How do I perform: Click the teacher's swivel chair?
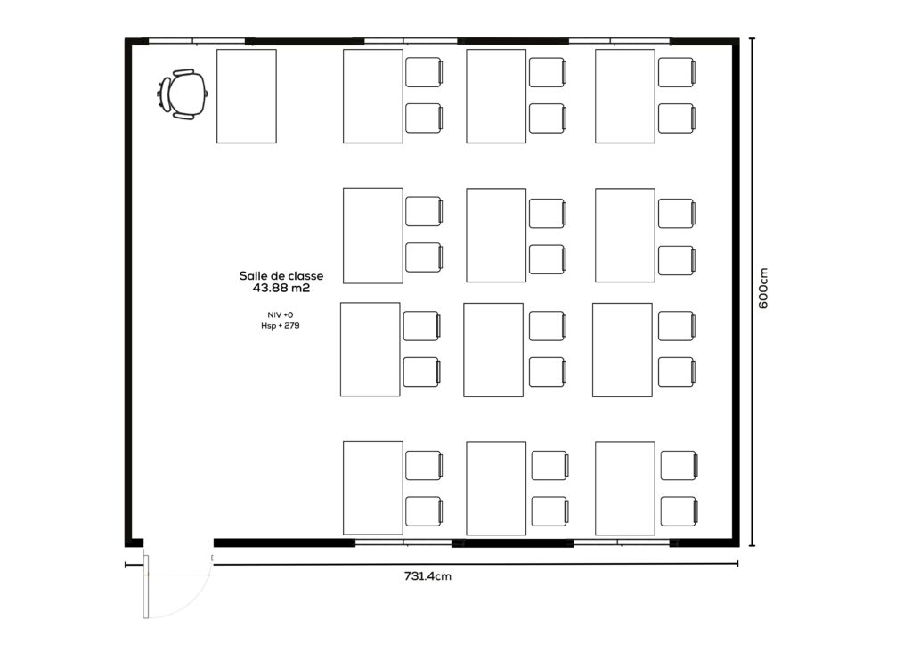tap(183, 94)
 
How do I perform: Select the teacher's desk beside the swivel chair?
tap(247, 96)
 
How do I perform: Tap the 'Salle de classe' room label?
tap(281, 276)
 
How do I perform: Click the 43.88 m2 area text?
tap(281, 288)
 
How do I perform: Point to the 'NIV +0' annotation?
tap(281, 314)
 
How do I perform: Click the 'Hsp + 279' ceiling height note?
tap(281, 326)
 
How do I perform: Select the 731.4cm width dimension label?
tap(427, 576)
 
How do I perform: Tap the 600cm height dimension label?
tap(763, 288)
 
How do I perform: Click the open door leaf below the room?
tap(147, 586)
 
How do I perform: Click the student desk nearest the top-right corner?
tap(625, 96)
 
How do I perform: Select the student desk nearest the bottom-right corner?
tap(625, 488)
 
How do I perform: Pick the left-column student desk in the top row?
tap(373, 96)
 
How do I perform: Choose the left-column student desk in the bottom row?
tap(373, 488)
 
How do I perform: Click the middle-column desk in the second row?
tap(496, 235)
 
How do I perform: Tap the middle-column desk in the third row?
tap(493, 350)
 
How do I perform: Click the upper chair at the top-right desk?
tap(677, 72)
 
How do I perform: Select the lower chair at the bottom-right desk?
tap(680, 511)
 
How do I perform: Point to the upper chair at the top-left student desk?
tap(425, 72)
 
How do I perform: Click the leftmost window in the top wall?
tap(197, 41)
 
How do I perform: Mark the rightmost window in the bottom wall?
tap(622, 543)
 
